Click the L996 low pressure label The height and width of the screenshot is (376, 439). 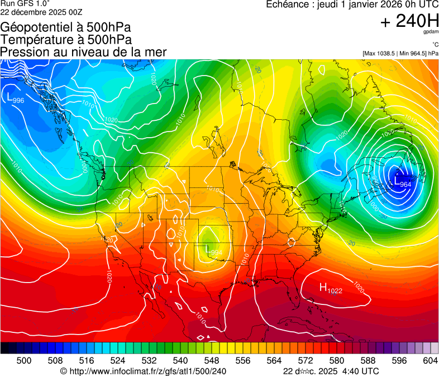[x=15, y=98]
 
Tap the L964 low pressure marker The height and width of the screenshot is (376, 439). [x=402, y=182]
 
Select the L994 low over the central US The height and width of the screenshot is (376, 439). [x=214, y=252]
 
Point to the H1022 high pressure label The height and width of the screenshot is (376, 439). [x=331, y=289]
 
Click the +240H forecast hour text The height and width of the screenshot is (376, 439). [x=409, y=21]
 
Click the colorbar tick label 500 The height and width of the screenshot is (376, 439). [x=24, y=360]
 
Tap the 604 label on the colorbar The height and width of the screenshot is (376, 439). [x=430, y=360]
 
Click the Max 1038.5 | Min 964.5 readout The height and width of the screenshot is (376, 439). [x=400, y=53]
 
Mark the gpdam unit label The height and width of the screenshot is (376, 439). [x=431, y=32]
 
